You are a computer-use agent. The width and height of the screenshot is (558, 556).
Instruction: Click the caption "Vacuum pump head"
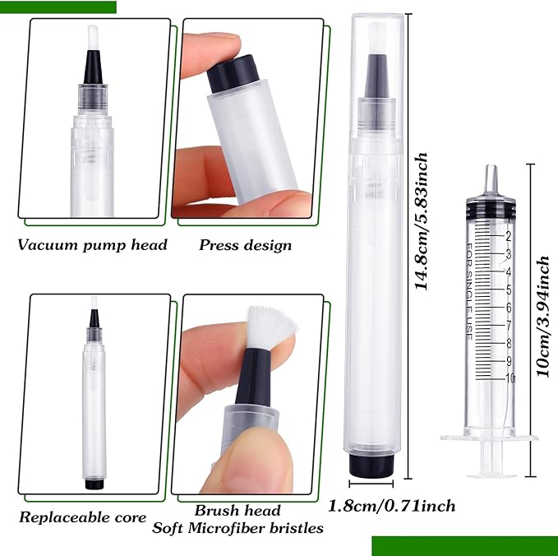(93, 245)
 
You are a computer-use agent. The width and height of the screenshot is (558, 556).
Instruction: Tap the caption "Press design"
(245, 245)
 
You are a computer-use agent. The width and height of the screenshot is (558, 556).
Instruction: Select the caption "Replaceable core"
(82, 517)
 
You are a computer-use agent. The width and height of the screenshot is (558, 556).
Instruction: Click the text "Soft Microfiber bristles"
(237, 528)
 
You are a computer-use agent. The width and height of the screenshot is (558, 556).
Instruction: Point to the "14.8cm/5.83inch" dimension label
(422, 221)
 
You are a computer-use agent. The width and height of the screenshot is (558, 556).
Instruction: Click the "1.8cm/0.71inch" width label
(391, 506)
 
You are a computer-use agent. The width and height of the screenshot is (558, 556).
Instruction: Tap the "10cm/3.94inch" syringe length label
(543, 317)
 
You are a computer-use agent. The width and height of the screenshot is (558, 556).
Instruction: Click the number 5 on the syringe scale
(509, 290)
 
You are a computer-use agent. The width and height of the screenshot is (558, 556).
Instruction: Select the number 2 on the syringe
(509, 237)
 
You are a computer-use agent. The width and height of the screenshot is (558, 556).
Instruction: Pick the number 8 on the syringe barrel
(509, 343)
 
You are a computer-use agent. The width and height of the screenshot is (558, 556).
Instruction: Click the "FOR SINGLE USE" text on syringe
(469, 292)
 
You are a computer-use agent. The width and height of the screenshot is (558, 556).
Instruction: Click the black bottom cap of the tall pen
(371, 465)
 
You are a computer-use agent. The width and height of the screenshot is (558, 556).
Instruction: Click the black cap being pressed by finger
(233, 74)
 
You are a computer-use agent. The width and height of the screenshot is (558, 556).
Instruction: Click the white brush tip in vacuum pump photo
(93, 38)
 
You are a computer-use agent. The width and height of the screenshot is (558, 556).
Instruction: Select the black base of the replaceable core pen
(95, 484)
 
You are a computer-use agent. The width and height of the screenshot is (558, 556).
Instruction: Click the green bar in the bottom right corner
(465, 546)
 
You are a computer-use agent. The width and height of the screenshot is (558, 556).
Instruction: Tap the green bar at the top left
(58, 7)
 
